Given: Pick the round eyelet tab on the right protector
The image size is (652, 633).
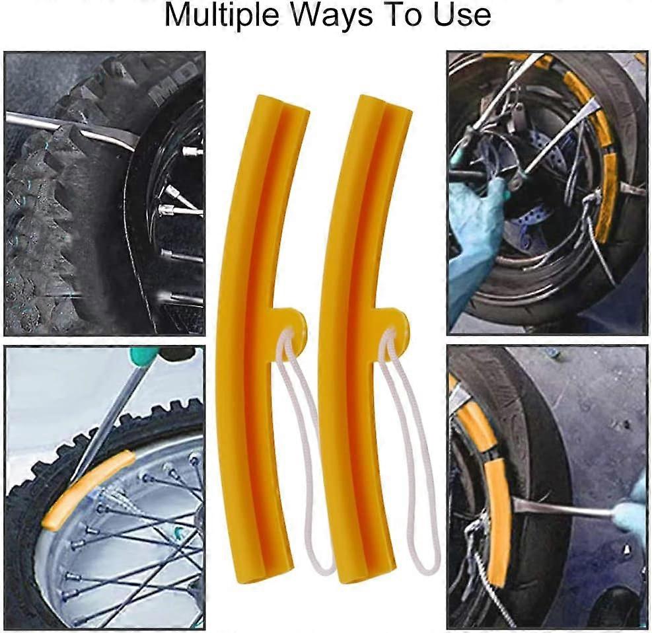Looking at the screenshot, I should pyautogui.click(x=394, y=322).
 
